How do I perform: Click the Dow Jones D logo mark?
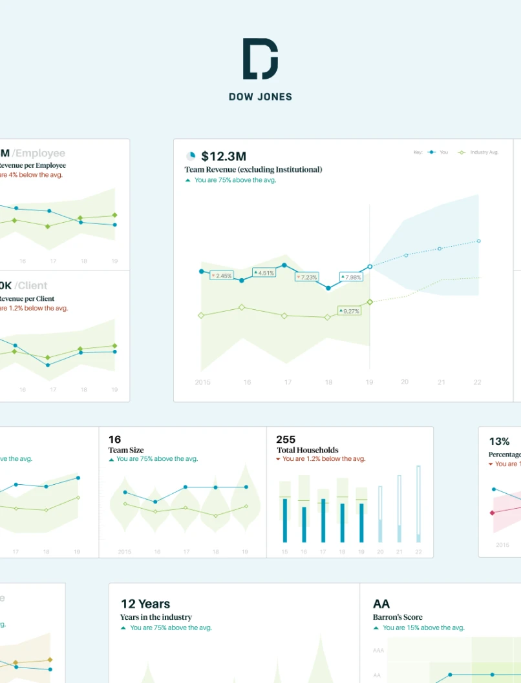(260, 59)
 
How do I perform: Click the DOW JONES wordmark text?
(260, 97)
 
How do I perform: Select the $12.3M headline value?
(223, 156)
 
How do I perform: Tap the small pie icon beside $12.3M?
(191, 156)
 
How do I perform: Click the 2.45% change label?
(221, 276)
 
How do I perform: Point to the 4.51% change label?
(264, 272)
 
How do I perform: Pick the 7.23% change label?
(307, 277)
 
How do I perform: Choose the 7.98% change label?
(351, 277)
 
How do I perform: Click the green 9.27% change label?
(350, 311)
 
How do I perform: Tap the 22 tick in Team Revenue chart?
(478, 382)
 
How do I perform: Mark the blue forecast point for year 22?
(479, 241)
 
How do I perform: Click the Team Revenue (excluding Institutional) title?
(253, 169)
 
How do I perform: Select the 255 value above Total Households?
(286, 440)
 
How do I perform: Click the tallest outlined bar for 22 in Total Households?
(418, 504)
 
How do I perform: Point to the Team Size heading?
(126, 450)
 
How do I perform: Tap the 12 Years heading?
(145, 604)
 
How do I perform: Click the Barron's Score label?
(398, 617)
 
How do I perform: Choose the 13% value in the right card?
(499, 442)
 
